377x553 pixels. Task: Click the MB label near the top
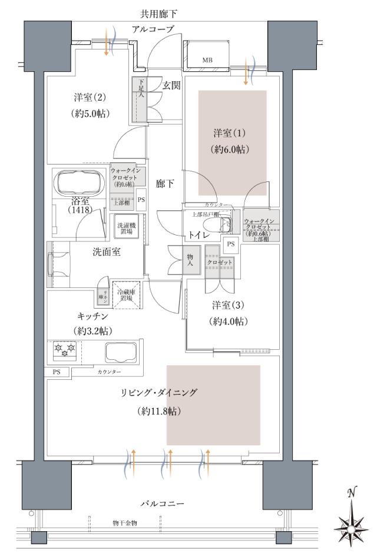coord(207,60)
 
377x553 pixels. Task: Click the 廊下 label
coord(165,183)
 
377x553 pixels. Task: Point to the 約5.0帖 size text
coord(89,113)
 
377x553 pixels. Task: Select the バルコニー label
coord(162,504)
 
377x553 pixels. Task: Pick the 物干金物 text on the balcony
coord(124,522)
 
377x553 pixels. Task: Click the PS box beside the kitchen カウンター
coord(57,372)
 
